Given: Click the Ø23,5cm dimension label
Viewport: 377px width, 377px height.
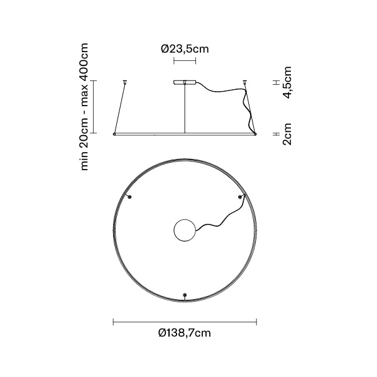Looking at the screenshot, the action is tap(185, 49).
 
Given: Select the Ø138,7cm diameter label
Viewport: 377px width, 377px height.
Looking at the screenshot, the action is tap(184, 333).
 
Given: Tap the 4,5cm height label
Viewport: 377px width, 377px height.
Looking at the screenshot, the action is tap(287, 82).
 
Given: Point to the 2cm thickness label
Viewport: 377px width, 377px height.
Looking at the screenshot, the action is tap(287, 134).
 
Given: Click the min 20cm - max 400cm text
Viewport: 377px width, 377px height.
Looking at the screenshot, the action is tap(84, 107).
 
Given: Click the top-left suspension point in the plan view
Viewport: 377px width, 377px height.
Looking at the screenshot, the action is tap(129, 197).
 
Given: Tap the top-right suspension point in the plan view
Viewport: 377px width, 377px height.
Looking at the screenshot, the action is tap(240, 197).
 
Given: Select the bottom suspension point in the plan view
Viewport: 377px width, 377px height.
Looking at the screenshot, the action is tap(185, 295).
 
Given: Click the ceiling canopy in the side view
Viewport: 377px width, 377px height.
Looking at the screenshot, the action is tap(185, 82).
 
